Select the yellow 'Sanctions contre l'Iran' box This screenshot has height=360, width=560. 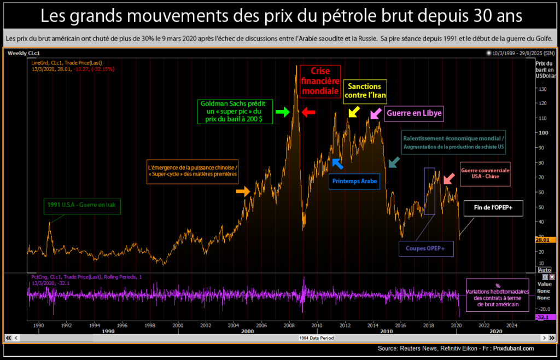pyautogui.click(x=365, y=91)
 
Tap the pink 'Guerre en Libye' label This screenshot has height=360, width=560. pyautogui.click(x=413, y=114)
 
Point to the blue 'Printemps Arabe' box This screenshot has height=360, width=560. pyautogui.click(x=354, y=181)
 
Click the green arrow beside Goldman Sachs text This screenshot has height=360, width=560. pyautogui.click(x=282, y=112)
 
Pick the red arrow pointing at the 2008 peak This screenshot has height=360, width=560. pyautogui.click(x=308, y=112)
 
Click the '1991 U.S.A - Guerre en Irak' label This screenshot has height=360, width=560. pyautogui.click(x=83, y=206)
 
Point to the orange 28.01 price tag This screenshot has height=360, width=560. pyautogui.click(x=546, y=240)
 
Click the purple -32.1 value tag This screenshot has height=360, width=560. pyautogui.click(x=546, y=317)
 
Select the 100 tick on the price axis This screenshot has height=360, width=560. pyautogui.click(x=542, y=132)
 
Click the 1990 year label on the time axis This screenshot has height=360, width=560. pyautogui.click(x=38, y=325)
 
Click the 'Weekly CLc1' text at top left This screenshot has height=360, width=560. pyautogui.click(x=21, y=53)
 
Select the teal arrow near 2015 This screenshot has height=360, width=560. pyautogui.click(x=393, y=162)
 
